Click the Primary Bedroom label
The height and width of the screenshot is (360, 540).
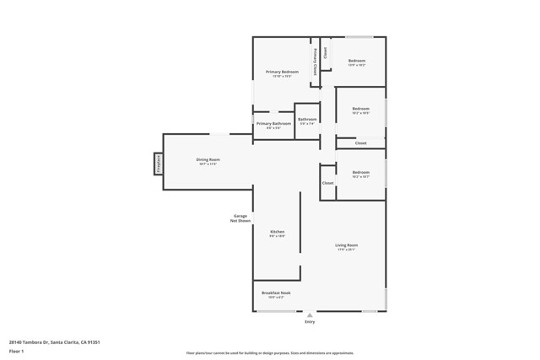(282, 72)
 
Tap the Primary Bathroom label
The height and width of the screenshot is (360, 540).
(273, 123)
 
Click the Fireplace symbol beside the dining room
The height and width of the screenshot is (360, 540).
(157, 163)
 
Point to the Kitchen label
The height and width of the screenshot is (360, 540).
(277, 232)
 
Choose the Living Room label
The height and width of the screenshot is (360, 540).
(346, 244)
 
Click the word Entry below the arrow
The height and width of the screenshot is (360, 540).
(310, 322)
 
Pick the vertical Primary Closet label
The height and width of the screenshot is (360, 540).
(316, 62)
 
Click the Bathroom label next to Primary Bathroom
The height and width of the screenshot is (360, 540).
(307, 119)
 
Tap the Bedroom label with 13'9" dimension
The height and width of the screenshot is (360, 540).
(357, 60)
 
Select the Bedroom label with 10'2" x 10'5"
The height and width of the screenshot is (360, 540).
(360, 108)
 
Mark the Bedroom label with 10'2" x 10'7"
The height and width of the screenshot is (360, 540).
(360, 172)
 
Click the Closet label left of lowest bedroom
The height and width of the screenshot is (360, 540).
(327, 183)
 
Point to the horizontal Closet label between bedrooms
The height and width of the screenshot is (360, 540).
(360, 143)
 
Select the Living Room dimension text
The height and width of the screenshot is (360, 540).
(346, 250)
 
